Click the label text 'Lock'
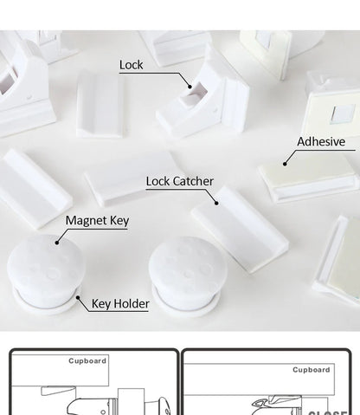131,64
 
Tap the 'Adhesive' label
320,141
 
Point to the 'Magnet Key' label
97,221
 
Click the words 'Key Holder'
120,303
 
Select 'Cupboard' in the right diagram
311,369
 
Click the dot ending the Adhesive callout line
283,161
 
